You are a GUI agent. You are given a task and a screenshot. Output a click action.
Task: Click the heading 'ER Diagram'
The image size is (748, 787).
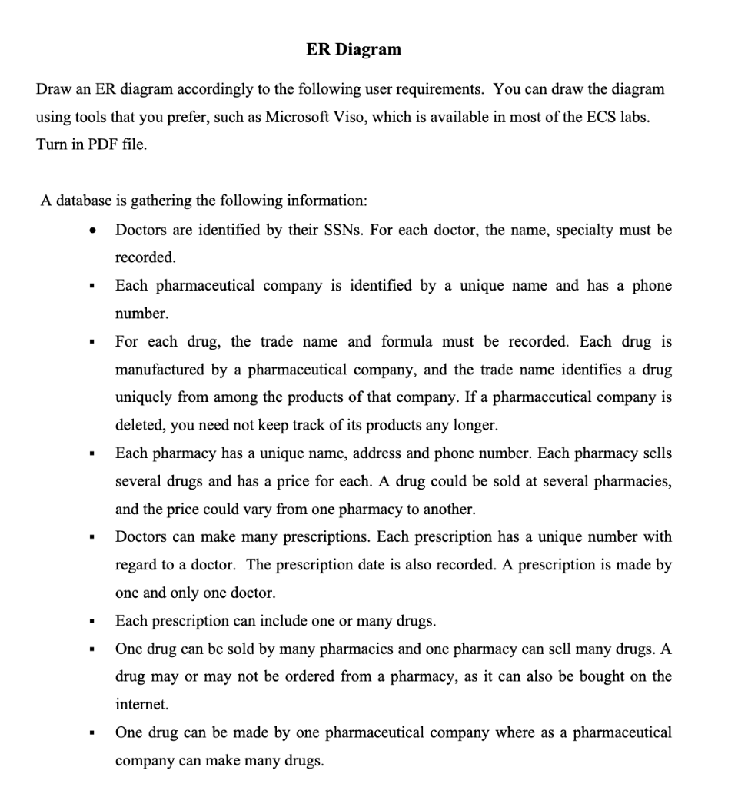coord(354,50)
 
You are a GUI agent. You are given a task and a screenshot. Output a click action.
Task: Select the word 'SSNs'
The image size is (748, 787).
coord(343,229)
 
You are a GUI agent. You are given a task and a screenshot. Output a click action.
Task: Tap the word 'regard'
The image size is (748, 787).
coord(138,565)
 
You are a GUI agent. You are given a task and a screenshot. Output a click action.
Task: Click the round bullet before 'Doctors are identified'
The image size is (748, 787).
coord(93,231)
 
